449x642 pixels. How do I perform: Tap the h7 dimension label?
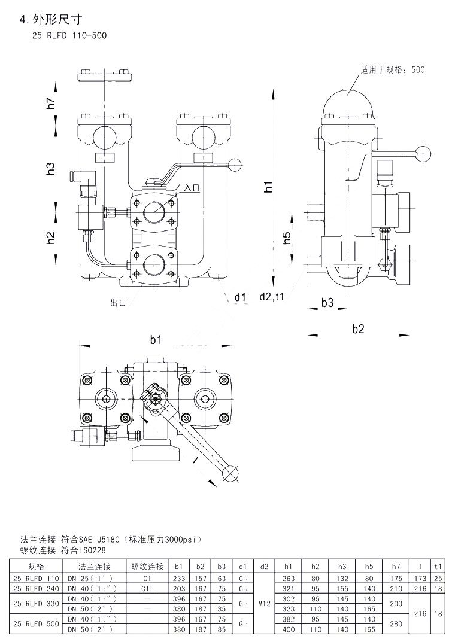click(x=51, y=102)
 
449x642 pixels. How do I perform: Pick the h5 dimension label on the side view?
click(x=287, y=238)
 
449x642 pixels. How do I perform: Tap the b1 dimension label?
click(x=156, y=340)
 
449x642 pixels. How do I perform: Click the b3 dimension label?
click(x=327, y=303)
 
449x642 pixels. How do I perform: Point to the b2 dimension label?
click(x=358, y=327)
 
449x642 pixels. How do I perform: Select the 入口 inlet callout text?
click(x=192, y=188)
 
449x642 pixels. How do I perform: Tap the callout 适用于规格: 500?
click(x=392, y=70)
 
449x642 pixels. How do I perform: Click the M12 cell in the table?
click(x=264, y=604)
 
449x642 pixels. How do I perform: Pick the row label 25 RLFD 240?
click(x=36, y=588)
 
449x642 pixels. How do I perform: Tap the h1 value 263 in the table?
click(x=289, y=578)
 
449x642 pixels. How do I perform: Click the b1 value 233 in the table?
click(x=178, y=578)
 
